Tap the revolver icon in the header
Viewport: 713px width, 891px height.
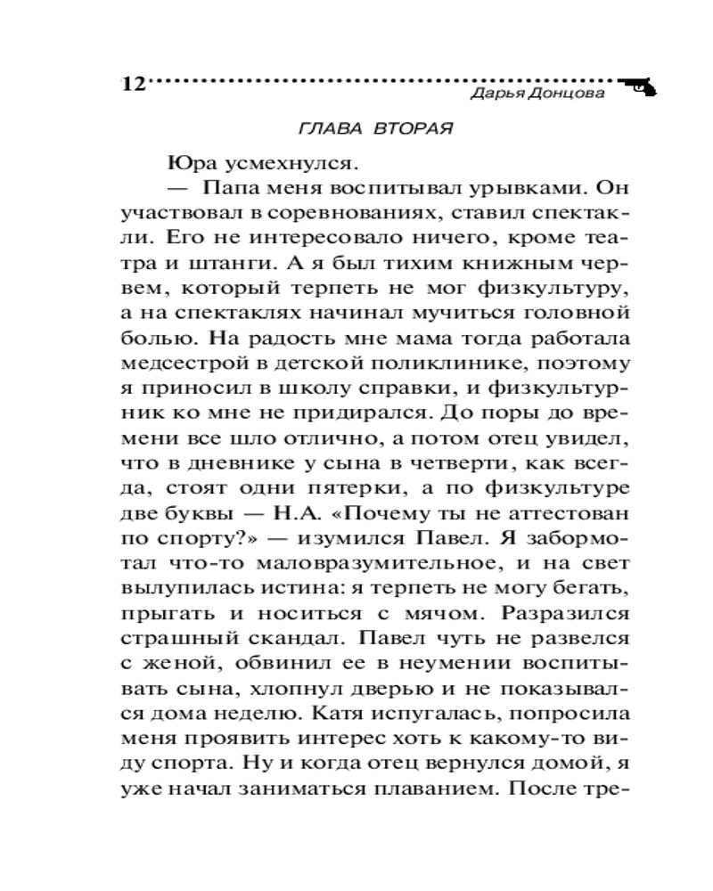pos(639,86)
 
